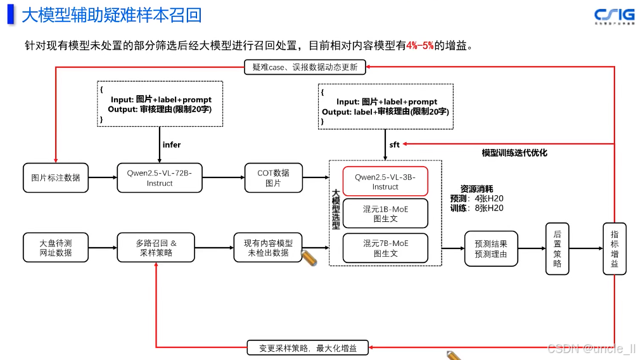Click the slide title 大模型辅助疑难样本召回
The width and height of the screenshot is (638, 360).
tap(112, 15)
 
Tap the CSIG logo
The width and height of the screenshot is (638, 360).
tap(613, 16)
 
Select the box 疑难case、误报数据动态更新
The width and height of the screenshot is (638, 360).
tap(305, 67)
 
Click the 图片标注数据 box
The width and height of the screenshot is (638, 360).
tap(56, 178)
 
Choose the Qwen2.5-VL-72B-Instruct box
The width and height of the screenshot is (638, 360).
tap(160, 178)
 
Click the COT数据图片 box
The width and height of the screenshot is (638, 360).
tap(273, 178)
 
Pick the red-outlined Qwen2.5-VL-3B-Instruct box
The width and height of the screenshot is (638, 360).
tap(385, 182)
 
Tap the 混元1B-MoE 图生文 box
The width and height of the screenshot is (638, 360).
tap(385, 214)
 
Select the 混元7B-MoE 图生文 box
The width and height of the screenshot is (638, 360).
tap(385, 248)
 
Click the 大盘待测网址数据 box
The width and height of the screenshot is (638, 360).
tap(56, 248)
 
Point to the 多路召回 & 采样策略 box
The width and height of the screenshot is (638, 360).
tap(156, 248)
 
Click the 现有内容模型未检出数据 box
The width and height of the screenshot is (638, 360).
tap(268, 248)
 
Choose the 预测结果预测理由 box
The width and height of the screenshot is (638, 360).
tap(491, 248)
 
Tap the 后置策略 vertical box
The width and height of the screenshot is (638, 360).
tap(557, 248)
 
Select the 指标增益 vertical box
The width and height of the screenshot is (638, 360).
tap(614, 248)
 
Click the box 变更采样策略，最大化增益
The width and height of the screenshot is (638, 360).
tap(308, 348)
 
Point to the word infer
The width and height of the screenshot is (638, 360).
tap(172, 145)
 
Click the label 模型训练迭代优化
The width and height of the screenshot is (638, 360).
tap(514, 153)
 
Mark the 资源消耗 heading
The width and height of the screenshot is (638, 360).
tap(476, 189)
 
